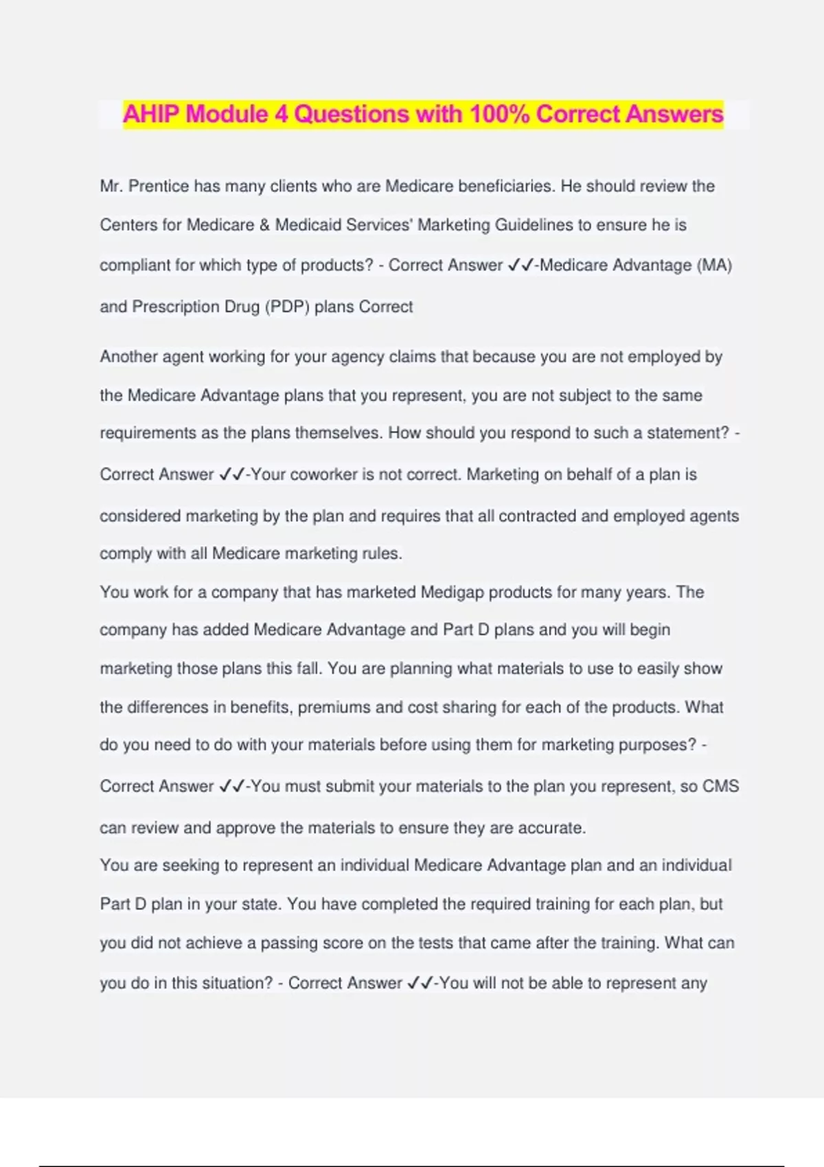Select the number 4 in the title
(281, 114)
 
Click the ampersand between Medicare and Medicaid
(264, 225)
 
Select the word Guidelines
(534, 225)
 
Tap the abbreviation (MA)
(714, 265)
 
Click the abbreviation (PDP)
(287, 307)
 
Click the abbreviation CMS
(720, 787)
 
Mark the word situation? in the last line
(233, 983)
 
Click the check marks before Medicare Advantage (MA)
(520, 265)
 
